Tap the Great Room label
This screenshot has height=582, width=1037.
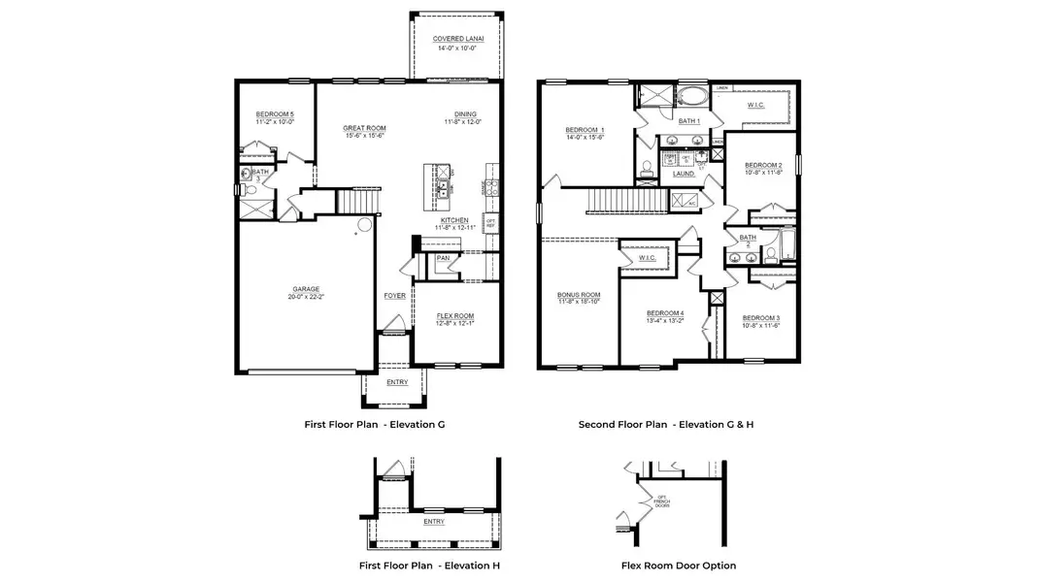[x=364, y=128]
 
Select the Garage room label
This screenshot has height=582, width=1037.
[x=307, y=288]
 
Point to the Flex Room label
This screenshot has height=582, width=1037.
[x=455, y=315]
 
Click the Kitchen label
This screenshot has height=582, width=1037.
[x=454, y=220]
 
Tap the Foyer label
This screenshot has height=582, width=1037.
[x=394, y=296]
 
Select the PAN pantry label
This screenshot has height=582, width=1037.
[x=443, y=258]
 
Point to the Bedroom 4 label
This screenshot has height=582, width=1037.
[x=665, y=312]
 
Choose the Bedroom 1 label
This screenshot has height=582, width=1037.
[x=585, y=130]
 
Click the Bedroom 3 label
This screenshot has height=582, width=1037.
[x=761, y=318]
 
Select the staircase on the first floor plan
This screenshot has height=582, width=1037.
[x=356, y=201]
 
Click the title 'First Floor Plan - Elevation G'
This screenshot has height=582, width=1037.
[x=375, y=424]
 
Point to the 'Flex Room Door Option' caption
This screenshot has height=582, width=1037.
[x=679, y=566]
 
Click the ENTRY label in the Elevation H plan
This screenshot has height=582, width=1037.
[x=434, y=522]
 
